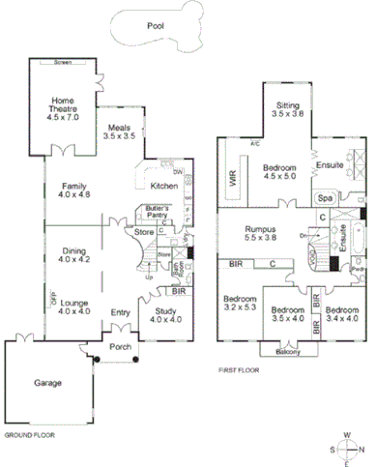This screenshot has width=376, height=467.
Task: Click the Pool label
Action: (x=155, y=27)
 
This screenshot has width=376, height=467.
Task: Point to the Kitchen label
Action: (x=163, y=185)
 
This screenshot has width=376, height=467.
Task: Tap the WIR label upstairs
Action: (x=233, y=178)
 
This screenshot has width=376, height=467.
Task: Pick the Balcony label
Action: (x=287, y=352)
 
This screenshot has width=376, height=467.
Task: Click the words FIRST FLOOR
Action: (x=242, y=369)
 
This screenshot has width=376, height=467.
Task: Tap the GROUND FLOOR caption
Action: (x=30, y=436)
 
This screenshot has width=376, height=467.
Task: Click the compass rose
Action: (x=348, y=448)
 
